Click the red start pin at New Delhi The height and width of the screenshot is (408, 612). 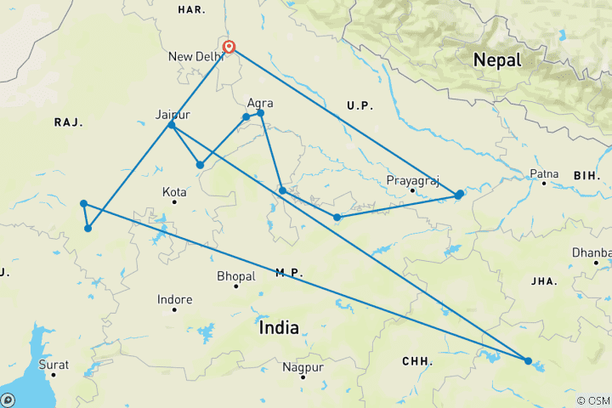[229, 48]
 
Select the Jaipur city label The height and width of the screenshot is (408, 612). [173, 115]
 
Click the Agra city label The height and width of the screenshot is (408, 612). [259, 103]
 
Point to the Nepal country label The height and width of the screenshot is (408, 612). [497, 59]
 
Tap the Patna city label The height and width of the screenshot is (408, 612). [544, 175]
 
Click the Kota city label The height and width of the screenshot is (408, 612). [173, 193]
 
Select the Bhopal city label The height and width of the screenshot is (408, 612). [235, 276]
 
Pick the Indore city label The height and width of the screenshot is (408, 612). [174, 299]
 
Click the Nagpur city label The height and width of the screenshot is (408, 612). [303, 367]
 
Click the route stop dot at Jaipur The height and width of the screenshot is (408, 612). [172, 125]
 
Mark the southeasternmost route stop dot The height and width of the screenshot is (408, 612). [528, 360]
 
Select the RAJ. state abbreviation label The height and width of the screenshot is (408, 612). [68, 122]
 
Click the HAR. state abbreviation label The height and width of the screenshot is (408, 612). [190, 9]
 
